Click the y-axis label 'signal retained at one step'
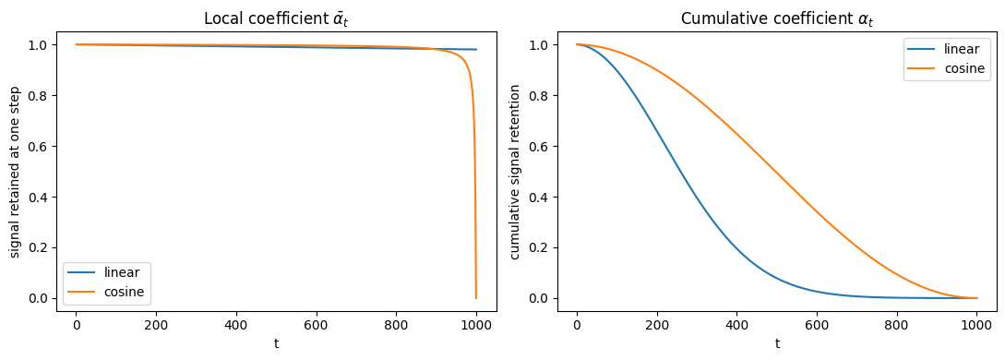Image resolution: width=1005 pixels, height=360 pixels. point(16,171)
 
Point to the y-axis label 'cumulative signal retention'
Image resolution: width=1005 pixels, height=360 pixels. point(515,171)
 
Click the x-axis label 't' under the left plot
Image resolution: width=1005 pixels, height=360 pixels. point(276,343)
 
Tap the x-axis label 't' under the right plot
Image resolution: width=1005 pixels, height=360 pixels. point(777,343)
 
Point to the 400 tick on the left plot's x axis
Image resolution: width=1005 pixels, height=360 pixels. point(236,326)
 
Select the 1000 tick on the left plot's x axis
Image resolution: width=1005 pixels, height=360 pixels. point(476,326)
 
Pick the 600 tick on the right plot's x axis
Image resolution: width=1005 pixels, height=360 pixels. point(818,326)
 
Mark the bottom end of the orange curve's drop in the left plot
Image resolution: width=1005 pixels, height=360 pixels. point(476,298)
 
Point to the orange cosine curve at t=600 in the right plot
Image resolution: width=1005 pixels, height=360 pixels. point(818,210)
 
